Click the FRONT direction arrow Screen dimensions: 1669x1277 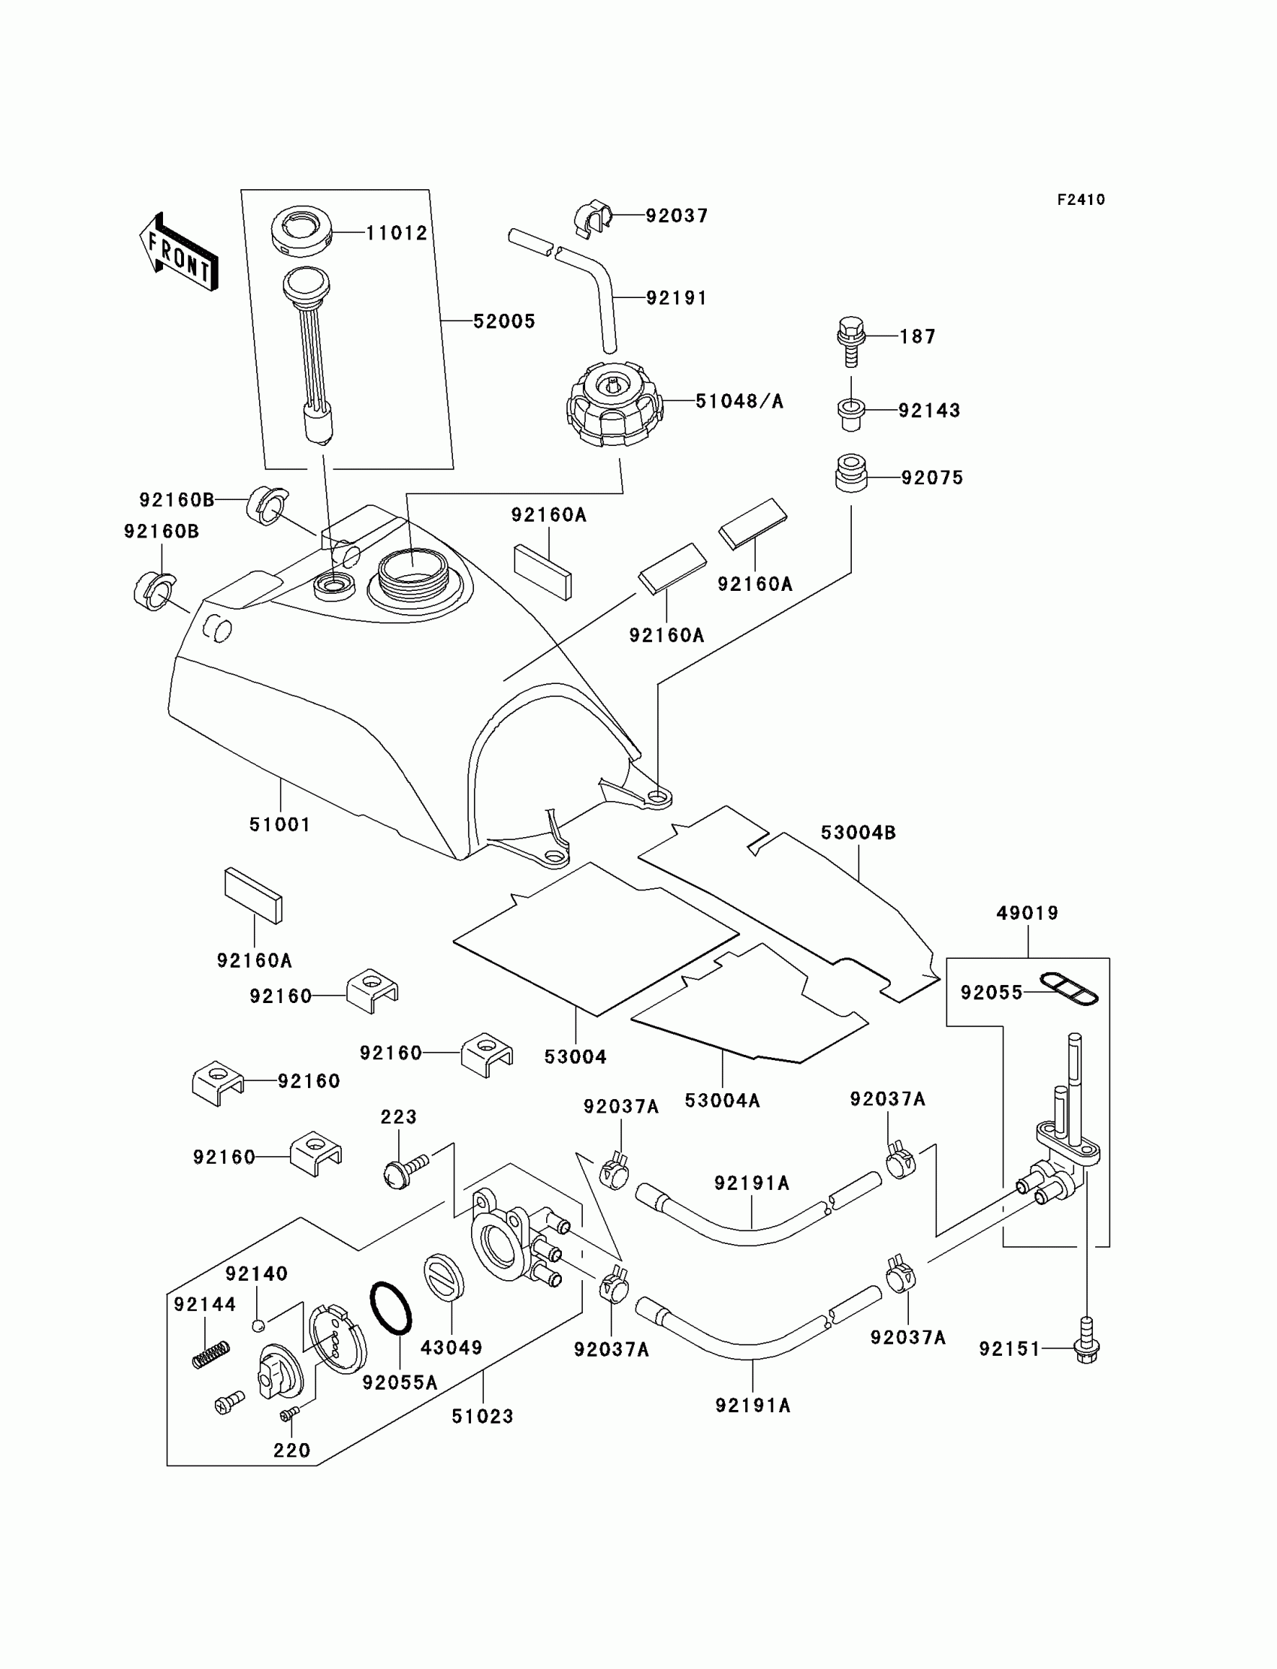179,252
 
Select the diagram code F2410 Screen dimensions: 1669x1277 1080,200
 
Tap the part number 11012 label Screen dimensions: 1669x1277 397,233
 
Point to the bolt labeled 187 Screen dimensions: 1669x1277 850,342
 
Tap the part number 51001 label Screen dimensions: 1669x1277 279,824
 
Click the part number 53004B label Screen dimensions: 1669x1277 858,833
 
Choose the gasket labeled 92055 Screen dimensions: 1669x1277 1069,988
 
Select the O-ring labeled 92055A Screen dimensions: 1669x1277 391,1308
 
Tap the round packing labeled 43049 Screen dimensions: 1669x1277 443,1277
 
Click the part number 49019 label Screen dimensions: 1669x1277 1027,912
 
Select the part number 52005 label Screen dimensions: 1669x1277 504,321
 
